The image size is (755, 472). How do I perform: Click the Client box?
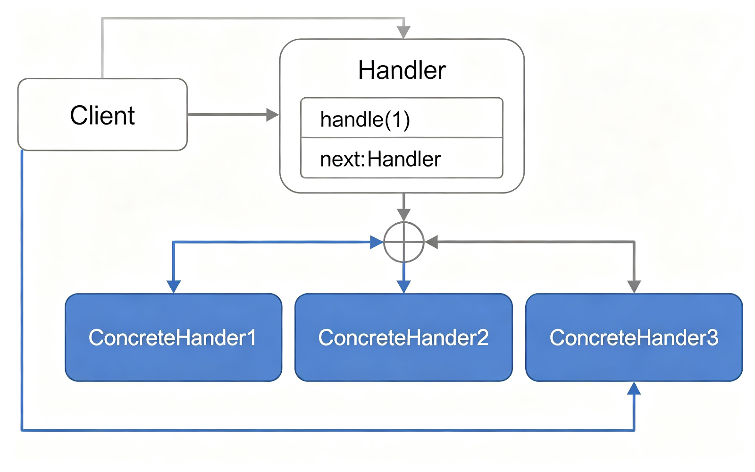pos(102,115)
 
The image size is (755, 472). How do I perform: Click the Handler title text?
pos(402,70)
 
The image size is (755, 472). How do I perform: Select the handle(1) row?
pos(402,118)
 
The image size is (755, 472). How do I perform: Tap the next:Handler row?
pos(402,158)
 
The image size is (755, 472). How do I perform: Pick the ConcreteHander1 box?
pos(174,337)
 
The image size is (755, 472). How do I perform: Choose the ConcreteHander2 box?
pos(404,337)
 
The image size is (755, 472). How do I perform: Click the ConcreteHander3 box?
pos(634,337)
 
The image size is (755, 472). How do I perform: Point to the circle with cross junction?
pos(404,242)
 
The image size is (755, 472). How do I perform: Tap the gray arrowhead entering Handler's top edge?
pos(403,33)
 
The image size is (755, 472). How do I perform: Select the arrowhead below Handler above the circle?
pos(403,215)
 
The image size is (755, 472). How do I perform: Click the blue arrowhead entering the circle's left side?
pos(377,242)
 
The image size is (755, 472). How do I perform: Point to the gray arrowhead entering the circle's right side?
pos(431,242)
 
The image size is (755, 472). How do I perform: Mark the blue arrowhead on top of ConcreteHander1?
pos(174,287)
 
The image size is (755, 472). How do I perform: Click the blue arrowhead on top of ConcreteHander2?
pos(403,287)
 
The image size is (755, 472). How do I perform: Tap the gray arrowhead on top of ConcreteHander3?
pos(634,287)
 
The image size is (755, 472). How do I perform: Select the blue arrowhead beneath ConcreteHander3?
pos(634,388)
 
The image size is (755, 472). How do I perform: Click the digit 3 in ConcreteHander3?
pos(712,337)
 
